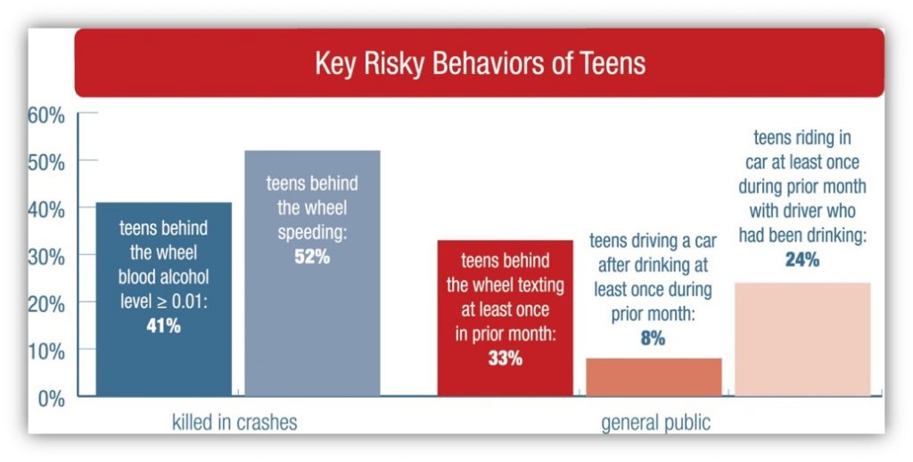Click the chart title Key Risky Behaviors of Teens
pyautogui.click(x=480, y=64)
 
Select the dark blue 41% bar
pyautogui.click(x=163, y=357)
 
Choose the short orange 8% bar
pyautogui.click(x=654, y=376)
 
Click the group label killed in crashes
pyautogui.click(x=234, y=422)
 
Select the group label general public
pyautogui.click(x=656, y=422)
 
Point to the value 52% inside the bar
pyautogui.click(x=311, y=256)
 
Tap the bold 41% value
pyautogui.click(x=163, y=326)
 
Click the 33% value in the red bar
pyautogui.click(x=505, y=359)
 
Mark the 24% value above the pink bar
pyautogui.click(x=802, y=260)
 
